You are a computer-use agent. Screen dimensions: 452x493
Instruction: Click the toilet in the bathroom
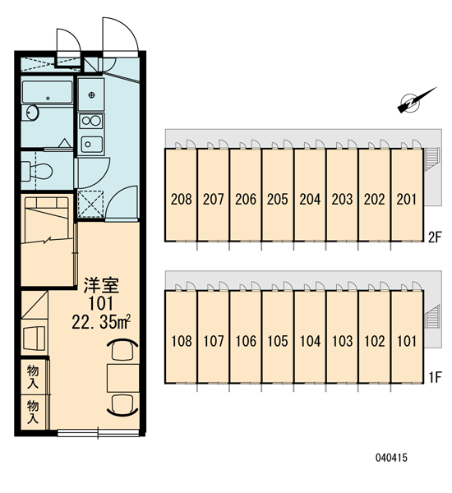point(37,171)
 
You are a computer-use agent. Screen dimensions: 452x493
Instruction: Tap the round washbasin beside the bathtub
point(32,113)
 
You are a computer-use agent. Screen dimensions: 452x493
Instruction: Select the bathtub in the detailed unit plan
point(47,92)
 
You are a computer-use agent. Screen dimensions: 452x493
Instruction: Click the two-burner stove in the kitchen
point(91,121)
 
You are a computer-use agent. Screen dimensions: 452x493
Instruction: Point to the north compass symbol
point(415,100)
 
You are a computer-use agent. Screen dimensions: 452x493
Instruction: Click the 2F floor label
point(435,237)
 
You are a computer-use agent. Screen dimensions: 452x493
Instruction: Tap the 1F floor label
point(436,377)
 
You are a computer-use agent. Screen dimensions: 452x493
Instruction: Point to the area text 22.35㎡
point(101,321)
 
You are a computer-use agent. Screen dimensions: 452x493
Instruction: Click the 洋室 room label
point(101,285)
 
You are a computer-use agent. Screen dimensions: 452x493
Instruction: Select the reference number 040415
point(391,458)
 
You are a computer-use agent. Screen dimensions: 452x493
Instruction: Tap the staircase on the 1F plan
point(432,316)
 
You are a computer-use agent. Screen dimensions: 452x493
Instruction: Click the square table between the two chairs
point(123,378)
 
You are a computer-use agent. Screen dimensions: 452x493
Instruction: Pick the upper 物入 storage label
point(33,376)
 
